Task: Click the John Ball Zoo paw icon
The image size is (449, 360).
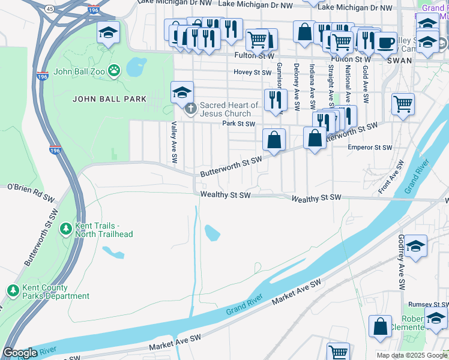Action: pyautogui.click(x=114, y=72)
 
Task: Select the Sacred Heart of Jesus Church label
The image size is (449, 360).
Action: pyautogui.click(x=229, y=109)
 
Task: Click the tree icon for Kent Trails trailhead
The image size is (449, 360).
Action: pyautogui.click(x=66, y=229)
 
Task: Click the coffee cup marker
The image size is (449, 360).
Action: pyautogui.click(x=386, y=43)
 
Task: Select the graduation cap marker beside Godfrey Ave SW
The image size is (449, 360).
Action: pyautogui.click(x=416, y=247)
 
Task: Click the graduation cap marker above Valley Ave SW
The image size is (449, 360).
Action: pyautogui.click(x=182, y=93)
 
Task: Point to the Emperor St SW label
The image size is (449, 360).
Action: pyautogui.click(x=370, y=147)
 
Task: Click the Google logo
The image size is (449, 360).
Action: pyautogui.click(x=20, y=353)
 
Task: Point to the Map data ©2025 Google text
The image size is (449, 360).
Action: pyautogui.click(x=411, y=355)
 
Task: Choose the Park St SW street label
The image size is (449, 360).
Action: pyautogui.click(x=238, y=124)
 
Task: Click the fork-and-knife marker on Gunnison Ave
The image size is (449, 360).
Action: pyautogui.click(x=275, y=100)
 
